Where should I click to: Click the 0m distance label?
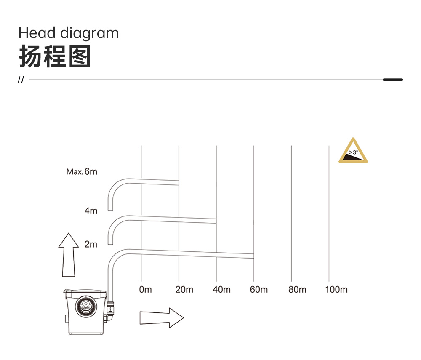click(145, 289)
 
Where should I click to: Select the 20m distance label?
click(184, 289)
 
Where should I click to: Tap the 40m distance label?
click(221, 289)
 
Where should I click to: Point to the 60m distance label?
click(259, 289)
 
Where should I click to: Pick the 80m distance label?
click(297, 289)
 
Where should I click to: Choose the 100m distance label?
click(336, 289)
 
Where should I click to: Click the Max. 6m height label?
click(82, 171)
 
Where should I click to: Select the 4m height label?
click(91, 211)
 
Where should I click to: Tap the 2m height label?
click(91, 244)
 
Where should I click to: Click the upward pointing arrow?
click(69, 255)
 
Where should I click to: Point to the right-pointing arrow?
click(162, 318)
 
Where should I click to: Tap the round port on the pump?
click(86, 306)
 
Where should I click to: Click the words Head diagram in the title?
click(69, 33)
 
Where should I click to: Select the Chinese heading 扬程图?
click(55, 56)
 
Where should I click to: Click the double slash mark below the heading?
click(21, 80)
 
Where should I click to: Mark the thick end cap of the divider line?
click(393, 80)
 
